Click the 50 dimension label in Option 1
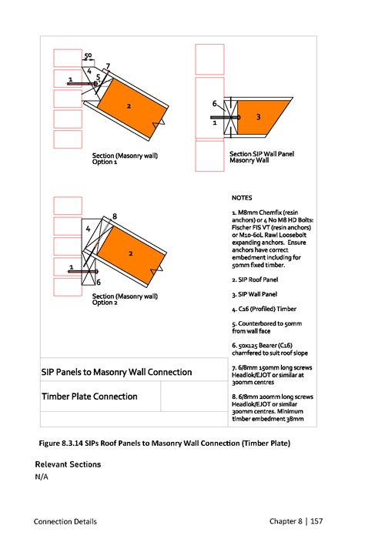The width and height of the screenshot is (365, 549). coord(88,55)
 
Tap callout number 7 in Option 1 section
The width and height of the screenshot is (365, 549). coord(108,66)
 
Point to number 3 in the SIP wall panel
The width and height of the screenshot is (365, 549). coord(259,117)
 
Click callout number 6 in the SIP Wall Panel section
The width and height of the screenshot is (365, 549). coord(215,103)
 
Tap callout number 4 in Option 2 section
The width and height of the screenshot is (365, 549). coord(88,229)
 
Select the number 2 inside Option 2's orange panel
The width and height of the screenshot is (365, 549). coord(131,253)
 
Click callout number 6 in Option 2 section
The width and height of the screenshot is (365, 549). coord(99,283)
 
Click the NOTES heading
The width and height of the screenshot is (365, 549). coord(242,198)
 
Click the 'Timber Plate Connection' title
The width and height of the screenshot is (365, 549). coord(90,397)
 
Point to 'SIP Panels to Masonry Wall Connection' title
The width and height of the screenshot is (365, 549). coord(117,373)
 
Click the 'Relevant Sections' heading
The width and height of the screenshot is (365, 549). coord(69,464)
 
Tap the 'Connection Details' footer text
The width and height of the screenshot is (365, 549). coord(65,521)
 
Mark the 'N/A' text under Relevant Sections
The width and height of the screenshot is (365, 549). coord(42,477)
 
